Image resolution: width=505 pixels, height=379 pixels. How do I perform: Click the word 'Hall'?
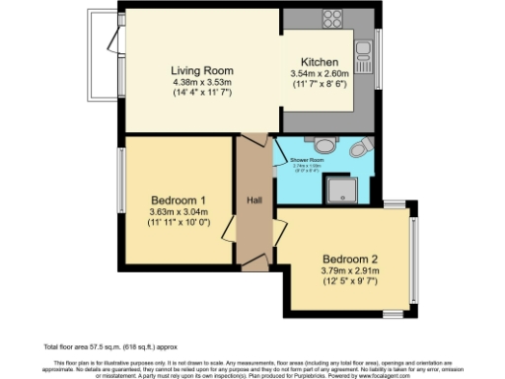click(x=253, y=200)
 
